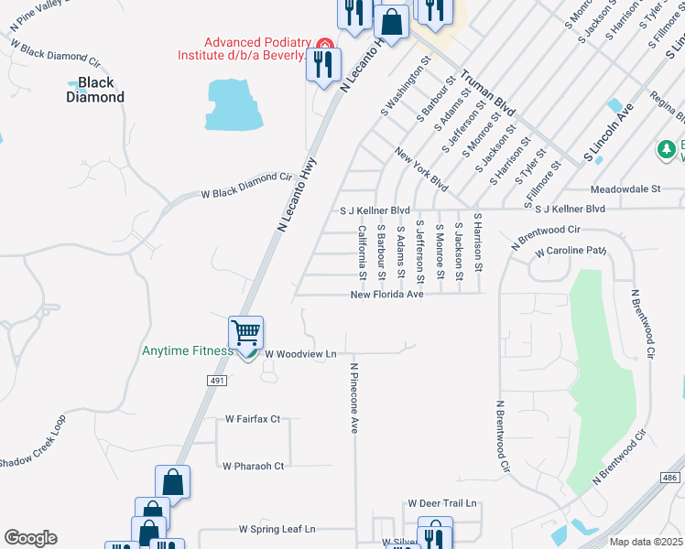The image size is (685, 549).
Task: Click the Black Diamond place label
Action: [x=95, y=90]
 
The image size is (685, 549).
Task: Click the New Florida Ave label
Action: [x=387, y=295]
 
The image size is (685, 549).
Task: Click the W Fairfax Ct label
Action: [x=253, y=419]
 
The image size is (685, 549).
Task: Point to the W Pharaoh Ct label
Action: [x=254, y=465]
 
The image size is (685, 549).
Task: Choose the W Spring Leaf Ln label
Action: [x=277, y=529]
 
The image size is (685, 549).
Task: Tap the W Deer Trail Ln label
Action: [x=442, y=503]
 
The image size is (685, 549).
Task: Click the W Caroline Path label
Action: [x=571, y=250]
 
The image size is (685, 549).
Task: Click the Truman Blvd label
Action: [x=487, y=91]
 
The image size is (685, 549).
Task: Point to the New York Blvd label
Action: [x=421, y=169]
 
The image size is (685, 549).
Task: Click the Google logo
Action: [x=30, y=538]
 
